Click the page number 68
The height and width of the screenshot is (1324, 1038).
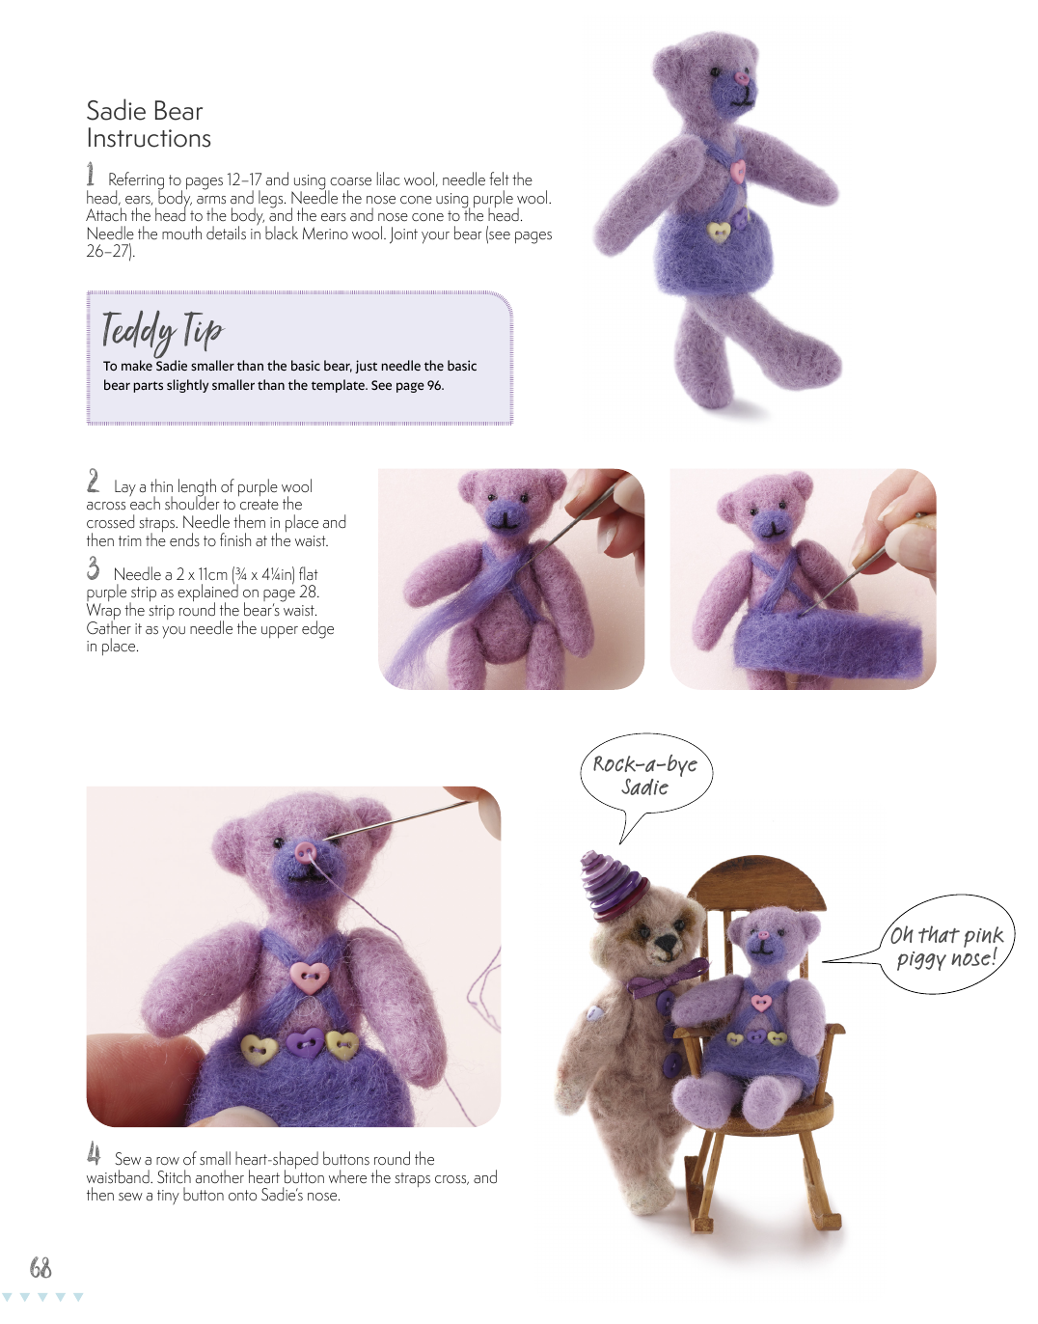click(41, 1269)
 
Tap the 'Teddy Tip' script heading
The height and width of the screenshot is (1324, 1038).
click(162, 331)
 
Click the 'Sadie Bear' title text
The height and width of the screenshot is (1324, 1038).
click(145, 111)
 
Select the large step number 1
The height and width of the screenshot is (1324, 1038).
click(90, 175)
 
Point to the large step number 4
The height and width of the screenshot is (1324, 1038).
click(94, 1153)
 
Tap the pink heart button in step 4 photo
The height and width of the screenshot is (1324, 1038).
click(310, 978)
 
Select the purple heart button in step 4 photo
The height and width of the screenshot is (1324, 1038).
click(305, 1043)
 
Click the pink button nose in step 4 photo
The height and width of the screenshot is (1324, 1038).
click(306, 851)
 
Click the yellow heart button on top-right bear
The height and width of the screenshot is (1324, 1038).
click(719, 231)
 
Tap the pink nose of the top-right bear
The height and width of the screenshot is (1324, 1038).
click(742, 78)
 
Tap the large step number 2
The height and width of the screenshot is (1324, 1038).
click(94, 481)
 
